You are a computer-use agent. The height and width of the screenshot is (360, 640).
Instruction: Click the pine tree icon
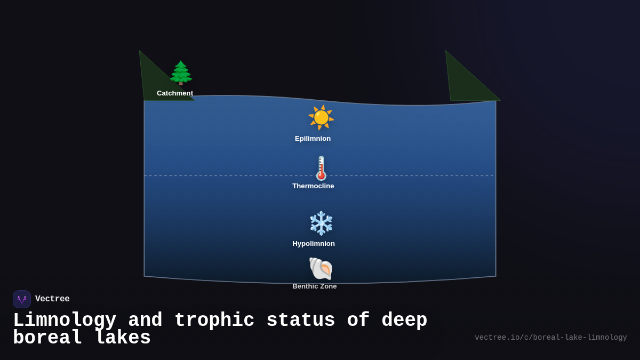click(181, 73)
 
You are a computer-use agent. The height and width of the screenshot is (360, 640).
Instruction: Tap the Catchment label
click(175, 93)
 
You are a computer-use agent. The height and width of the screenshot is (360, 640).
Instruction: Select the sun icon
click(321, 117)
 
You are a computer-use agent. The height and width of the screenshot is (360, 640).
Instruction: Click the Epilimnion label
click(313, 139)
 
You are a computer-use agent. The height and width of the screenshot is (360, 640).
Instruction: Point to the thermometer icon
click(321, 168)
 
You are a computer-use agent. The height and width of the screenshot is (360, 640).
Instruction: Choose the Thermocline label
click(313, 186)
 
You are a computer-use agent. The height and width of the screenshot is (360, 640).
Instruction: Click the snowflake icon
click(321, 223)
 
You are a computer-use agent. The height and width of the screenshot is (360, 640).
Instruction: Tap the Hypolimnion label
click(314, 244)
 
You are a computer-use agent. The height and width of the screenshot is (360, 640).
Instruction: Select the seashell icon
click(321, 268)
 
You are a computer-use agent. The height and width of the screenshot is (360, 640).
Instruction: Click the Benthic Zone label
click(315, 286)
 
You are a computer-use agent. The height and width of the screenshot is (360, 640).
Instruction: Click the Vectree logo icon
click(22, 299)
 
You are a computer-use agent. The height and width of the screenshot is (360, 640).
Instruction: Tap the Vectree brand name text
click(52, 299)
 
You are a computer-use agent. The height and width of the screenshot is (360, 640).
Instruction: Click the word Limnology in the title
click(65, 321)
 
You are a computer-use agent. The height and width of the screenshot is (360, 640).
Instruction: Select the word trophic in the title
click(214, 321)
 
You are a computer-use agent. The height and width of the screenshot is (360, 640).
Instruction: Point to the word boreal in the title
click(47, 338)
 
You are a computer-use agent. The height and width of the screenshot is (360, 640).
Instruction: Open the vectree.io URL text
click(550, 338)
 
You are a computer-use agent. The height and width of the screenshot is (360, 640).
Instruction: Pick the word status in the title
click(301, 321)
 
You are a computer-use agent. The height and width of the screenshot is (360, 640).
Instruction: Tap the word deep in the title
click(404, 321)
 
